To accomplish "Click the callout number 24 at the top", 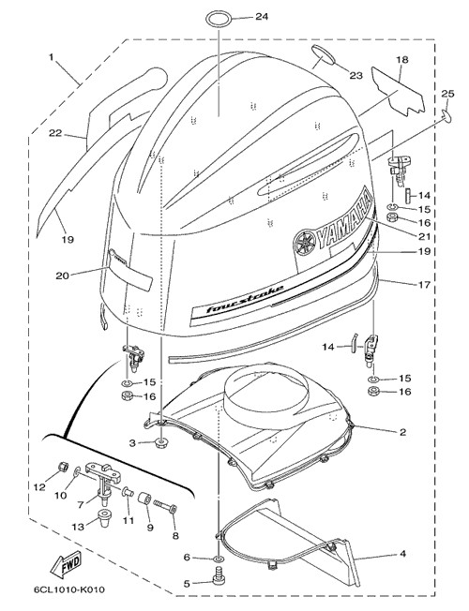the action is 262,17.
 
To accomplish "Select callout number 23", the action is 356,75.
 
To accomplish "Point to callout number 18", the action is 402,60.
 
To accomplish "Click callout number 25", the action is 448,94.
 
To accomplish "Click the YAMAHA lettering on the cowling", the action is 344,221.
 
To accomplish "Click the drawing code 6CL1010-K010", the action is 69,589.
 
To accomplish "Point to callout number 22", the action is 55,133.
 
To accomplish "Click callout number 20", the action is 63,276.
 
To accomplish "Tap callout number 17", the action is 424,285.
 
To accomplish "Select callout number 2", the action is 402,432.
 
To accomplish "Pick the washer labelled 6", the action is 219,559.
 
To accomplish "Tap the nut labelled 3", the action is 160,443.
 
